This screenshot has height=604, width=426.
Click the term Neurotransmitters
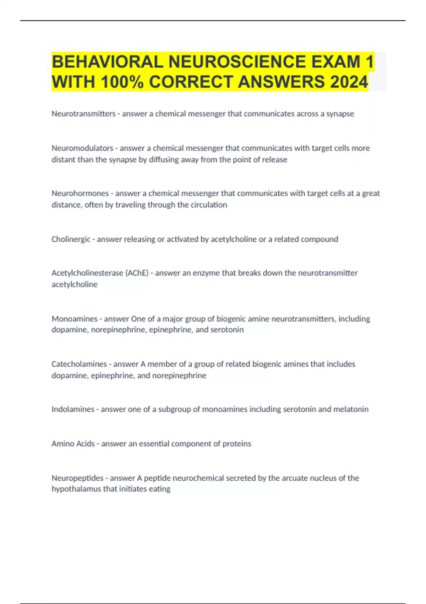pyautogui.click(x=83, y=114)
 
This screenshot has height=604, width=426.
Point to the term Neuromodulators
pyautogui.click(x=82, y=148)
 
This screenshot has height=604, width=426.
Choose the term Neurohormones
pyautogui.click(x=80, y=193)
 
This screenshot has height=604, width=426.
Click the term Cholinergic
pyautogui.click(x=71, y=239)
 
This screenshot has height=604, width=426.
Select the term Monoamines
pyautogui.click(x=75, y=319)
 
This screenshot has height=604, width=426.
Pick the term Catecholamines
pyautogui.click(x=79, y=364)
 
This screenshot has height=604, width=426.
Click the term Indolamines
pyautogui.click(x=73, y=409)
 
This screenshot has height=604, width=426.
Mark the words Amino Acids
pyautogui.click(x=73, y=444)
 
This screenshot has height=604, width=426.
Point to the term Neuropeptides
pyautogui.click(x=77, y=478)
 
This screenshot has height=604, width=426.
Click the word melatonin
pyautogui.click(x=351, y=409)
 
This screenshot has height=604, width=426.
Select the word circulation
pyautogui.click(x=208, y=205)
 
